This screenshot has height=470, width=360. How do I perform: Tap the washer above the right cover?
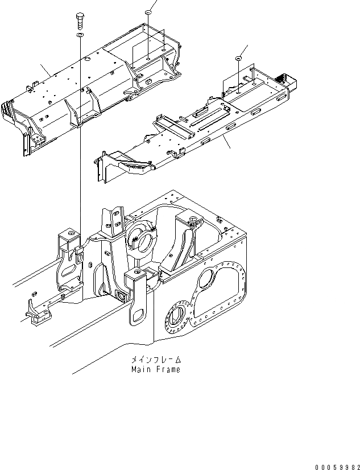click(x=238, y=58)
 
